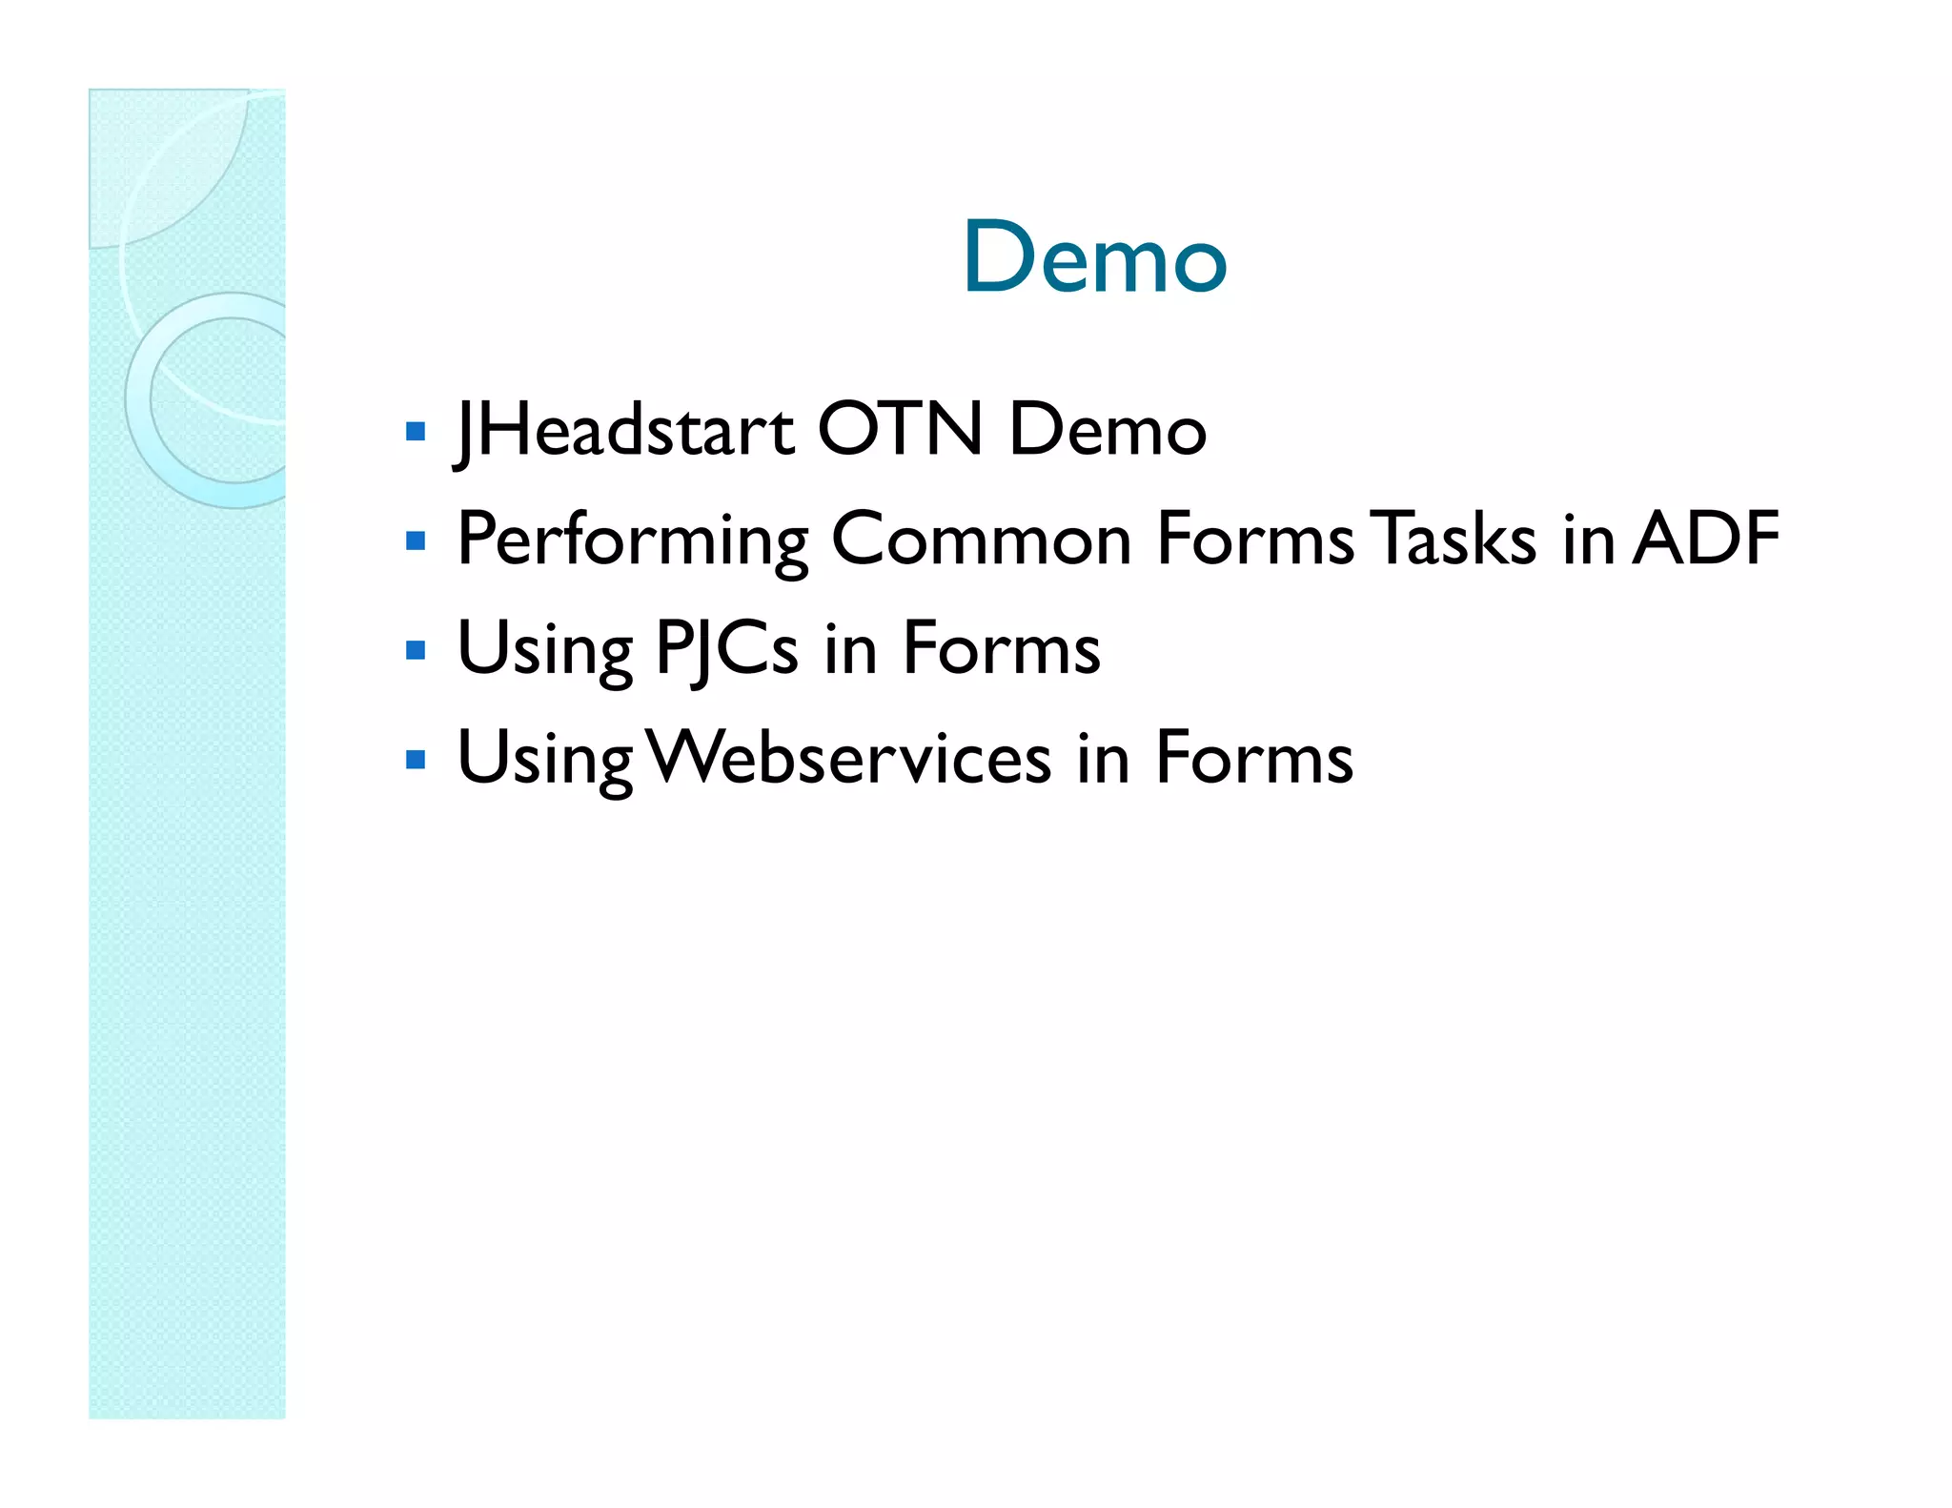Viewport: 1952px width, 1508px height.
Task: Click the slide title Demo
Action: pyautogui.click(x=1094, y=257)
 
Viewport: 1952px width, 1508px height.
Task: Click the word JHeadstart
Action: pyautogui.click(x=624, y=430)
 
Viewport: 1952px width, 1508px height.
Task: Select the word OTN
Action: pyautogui.click(x=900, y=430)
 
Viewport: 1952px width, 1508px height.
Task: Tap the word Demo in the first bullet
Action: pyautogui.click(x=1108, y=430)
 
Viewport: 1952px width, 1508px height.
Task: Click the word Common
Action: pyautogui.click(x=982, y=540)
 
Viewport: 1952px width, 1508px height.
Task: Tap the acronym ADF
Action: pyautogui.click(x=1705, y=540)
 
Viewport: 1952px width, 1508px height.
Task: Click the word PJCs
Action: pyautogui.click(x=726, y=649)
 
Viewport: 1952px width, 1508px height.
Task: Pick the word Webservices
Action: pyautogui.click(x=849, y=759)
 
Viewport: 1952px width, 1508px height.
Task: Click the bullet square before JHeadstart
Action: pyautogui.click(x=415, y=432)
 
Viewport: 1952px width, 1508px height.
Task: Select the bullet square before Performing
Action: pyautogui.click(x=415, y=541)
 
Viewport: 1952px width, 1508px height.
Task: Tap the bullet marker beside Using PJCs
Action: pyautogui.click(x=415, y=651)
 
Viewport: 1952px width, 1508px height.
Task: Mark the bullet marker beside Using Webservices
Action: pyautogui.click(x=415, y=761)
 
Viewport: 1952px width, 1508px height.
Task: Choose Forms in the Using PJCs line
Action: pyautogui.click(x=1001, y=649)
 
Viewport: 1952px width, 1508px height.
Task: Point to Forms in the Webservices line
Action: pyautogui.click(x=1253, y=759)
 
